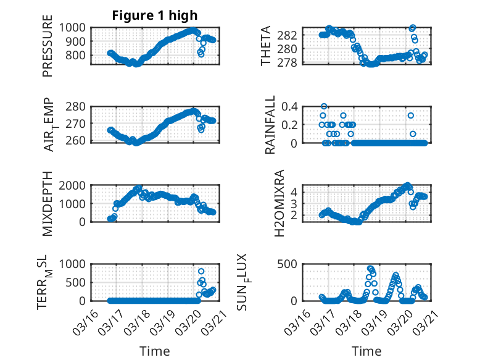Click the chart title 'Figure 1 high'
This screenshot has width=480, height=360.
click(x=154, y=15)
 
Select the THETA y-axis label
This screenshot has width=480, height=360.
click(x=266, y=46)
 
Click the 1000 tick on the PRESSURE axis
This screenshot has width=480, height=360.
click(x=77, y=27)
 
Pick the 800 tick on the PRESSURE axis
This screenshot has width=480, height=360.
click(x=80, y=56)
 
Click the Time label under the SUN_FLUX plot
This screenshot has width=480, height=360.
click(x=366, y=351)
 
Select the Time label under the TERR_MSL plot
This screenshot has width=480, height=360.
click(x=154, y=351)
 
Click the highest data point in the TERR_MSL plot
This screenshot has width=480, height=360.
click(x=201, y=271)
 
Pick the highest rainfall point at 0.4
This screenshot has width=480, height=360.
click(x=324, y=106)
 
